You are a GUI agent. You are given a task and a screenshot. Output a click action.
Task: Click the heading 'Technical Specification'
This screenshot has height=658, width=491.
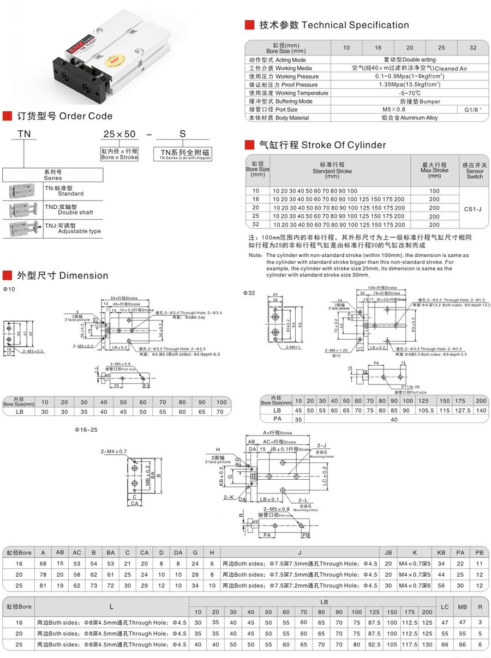[355, 25]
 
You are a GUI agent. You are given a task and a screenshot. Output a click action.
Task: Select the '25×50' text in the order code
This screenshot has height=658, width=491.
[119, 134]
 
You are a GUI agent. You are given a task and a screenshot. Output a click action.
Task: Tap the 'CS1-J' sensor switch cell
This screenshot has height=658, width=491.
[474, 208]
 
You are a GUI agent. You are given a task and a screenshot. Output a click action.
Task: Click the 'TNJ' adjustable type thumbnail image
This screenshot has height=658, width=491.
[22, 228]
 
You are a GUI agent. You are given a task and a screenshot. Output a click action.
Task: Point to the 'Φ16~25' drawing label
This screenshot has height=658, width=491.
[86, 430]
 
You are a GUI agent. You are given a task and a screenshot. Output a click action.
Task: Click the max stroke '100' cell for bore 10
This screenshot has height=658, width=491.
[434, 191]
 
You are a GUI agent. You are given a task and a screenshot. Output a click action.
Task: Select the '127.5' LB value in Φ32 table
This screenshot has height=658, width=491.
[462, 410]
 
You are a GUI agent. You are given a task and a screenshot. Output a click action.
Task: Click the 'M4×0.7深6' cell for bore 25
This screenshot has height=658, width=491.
[414, 585]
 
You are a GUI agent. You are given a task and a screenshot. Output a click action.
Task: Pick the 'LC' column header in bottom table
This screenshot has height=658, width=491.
[445, 607]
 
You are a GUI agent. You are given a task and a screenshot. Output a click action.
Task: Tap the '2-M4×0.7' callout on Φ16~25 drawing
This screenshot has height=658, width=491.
[113, 451]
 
